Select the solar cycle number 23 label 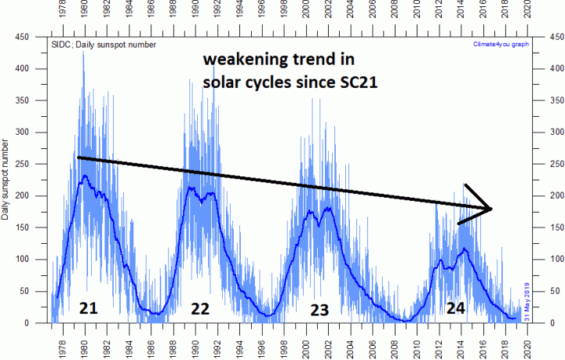(319, 310)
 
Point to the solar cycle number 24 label (455, 308)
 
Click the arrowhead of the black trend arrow (490, 209)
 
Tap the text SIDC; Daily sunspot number (104, 44)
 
